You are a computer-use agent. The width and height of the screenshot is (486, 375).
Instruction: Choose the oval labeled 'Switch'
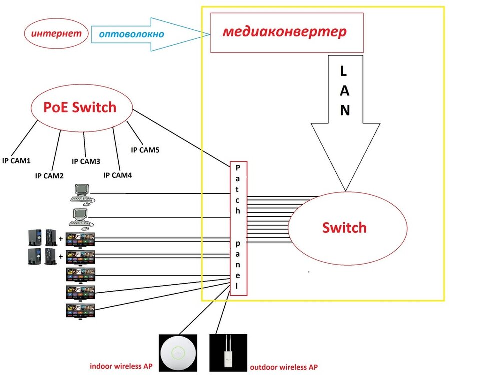(344, 228)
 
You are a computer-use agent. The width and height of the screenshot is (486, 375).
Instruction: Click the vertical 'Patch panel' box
(238, 228)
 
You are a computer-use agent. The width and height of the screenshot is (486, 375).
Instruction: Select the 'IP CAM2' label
(49, 176)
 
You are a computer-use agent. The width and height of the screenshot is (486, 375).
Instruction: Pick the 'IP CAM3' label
(86, 161)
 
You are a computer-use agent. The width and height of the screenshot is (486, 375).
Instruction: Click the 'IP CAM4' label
(117, 175)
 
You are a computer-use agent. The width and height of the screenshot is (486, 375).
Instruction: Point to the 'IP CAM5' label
(145, 149)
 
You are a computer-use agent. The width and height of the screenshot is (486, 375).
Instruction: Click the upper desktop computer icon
(82, 194)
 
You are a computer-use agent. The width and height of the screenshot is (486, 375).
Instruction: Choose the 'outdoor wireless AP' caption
(283, 367)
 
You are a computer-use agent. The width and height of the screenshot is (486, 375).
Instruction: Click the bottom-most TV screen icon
(80, 310)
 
